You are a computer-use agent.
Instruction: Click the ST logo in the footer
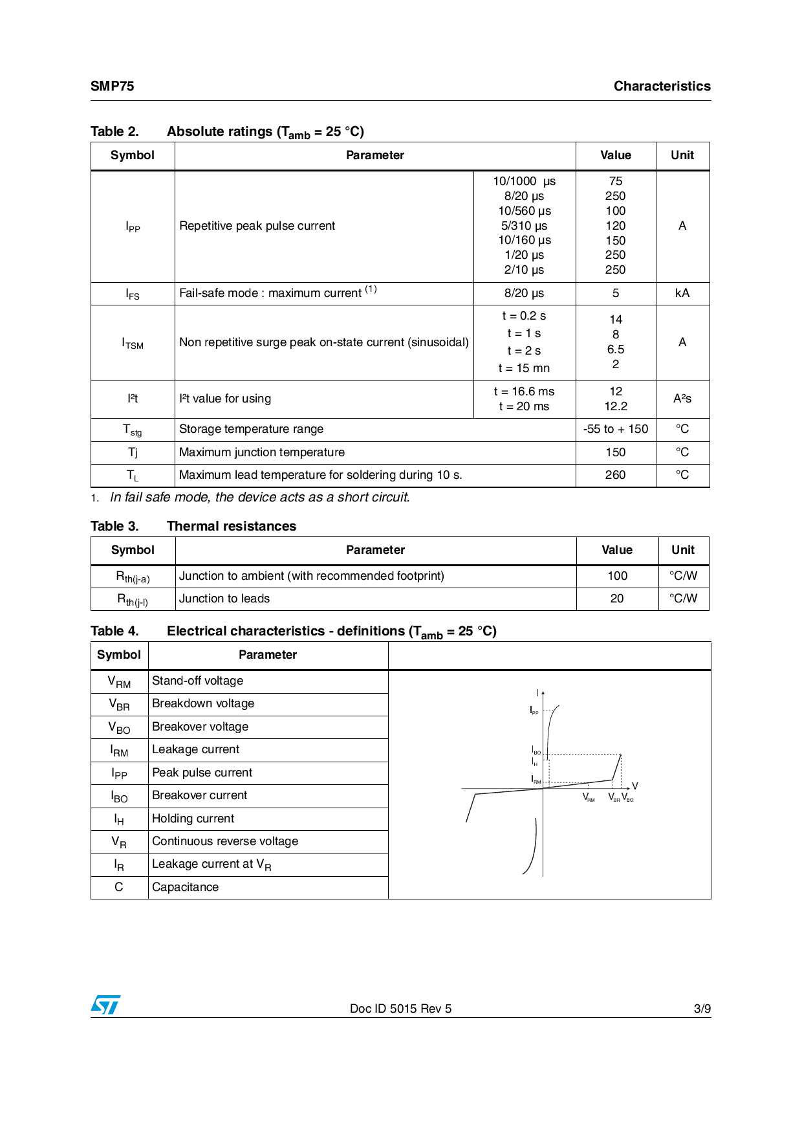(x=105, y=1005)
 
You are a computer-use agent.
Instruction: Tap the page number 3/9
(x=702, y=1008)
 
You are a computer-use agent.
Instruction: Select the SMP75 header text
(x=113, y=86)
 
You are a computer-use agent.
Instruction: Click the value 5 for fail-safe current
(x=616, y=293)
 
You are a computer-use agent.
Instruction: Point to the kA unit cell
(x=682, y=293)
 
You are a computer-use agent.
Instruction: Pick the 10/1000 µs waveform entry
(x=524, y=181)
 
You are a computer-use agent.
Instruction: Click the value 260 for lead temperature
(x=616, y=475)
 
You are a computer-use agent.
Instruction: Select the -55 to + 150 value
(x=616, y=429)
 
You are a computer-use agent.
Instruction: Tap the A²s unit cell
(x=682, y=399)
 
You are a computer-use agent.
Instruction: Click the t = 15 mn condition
(x=524, y=368)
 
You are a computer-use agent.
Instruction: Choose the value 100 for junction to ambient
(x=617, y=576)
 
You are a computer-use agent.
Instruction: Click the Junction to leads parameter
(x=224, y=599)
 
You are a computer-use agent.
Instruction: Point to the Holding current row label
(x=193, y=819)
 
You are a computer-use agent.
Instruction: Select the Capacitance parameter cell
(x=186, y=887)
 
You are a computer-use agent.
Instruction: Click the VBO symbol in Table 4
(x=119, y=727)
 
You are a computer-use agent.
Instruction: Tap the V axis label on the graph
(x=634, y=786)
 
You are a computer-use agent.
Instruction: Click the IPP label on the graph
(x=534, y=711)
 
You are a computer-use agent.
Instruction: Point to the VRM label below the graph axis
(x=589, y=798)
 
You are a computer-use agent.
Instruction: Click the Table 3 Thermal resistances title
(x=193, y=526)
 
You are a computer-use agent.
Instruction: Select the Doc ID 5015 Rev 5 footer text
(x=400, y=1008)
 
